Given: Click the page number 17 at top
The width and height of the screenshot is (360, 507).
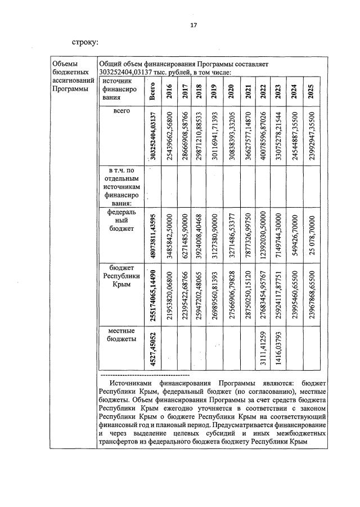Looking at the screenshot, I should point(193,25).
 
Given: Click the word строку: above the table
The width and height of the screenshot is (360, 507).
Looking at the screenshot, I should point(85,42).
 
